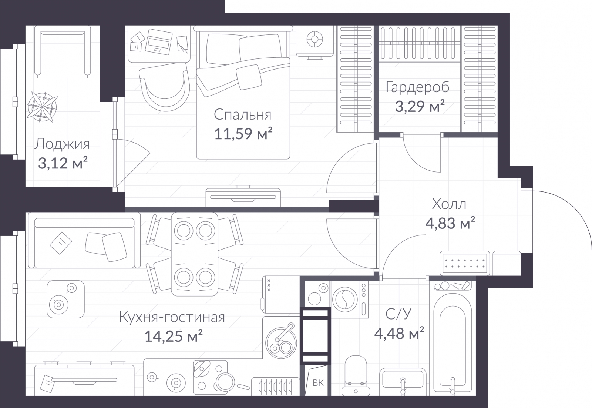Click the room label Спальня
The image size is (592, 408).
[242, 115]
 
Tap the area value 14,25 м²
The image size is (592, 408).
[174, 336]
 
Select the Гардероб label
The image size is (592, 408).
[418, 87]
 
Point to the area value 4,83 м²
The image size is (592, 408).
[450, 223]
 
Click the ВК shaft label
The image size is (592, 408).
[318, 383]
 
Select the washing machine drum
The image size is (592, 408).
[345, 300]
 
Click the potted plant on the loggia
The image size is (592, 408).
[42, 107]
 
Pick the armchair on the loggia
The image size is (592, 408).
[63, 52]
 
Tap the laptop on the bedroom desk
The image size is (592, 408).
[159, 42]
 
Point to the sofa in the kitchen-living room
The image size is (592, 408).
[84, 243]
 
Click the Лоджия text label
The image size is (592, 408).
[62, 145]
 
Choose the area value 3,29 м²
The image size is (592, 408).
[420, 106]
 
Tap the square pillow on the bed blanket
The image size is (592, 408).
[248, 77]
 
